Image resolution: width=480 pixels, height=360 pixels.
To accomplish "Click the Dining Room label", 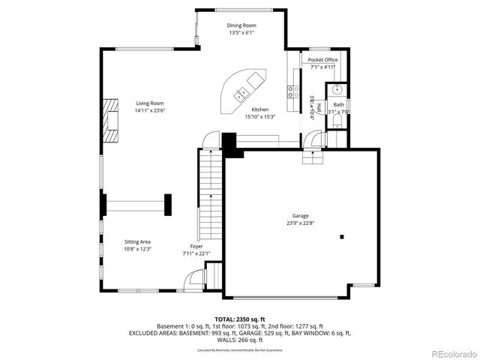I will [x=241, y=25].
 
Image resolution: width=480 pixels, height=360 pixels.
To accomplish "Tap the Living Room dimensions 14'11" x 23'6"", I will [x=149, y=110].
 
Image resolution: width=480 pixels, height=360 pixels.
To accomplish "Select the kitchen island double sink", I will [x=242, y=94].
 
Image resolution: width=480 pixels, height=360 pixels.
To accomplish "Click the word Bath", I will [x=339, y=104].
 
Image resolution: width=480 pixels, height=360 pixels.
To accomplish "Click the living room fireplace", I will [x=112, y=119].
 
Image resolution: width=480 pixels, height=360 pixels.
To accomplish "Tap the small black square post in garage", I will [x=342, y=237].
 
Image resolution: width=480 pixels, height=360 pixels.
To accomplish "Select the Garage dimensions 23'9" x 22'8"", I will [x=301, y=223].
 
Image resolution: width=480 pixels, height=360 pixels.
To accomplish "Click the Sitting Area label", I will [x=138, y=241].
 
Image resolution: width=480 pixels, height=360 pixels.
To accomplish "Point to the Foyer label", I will [x=196, y=246].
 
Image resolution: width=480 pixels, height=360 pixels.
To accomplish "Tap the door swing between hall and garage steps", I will [x=313, y=139].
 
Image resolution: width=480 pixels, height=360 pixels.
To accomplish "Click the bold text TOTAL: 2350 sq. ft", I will [x=239, y=319].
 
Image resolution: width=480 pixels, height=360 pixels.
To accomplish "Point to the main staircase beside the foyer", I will [x=211, y=191].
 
